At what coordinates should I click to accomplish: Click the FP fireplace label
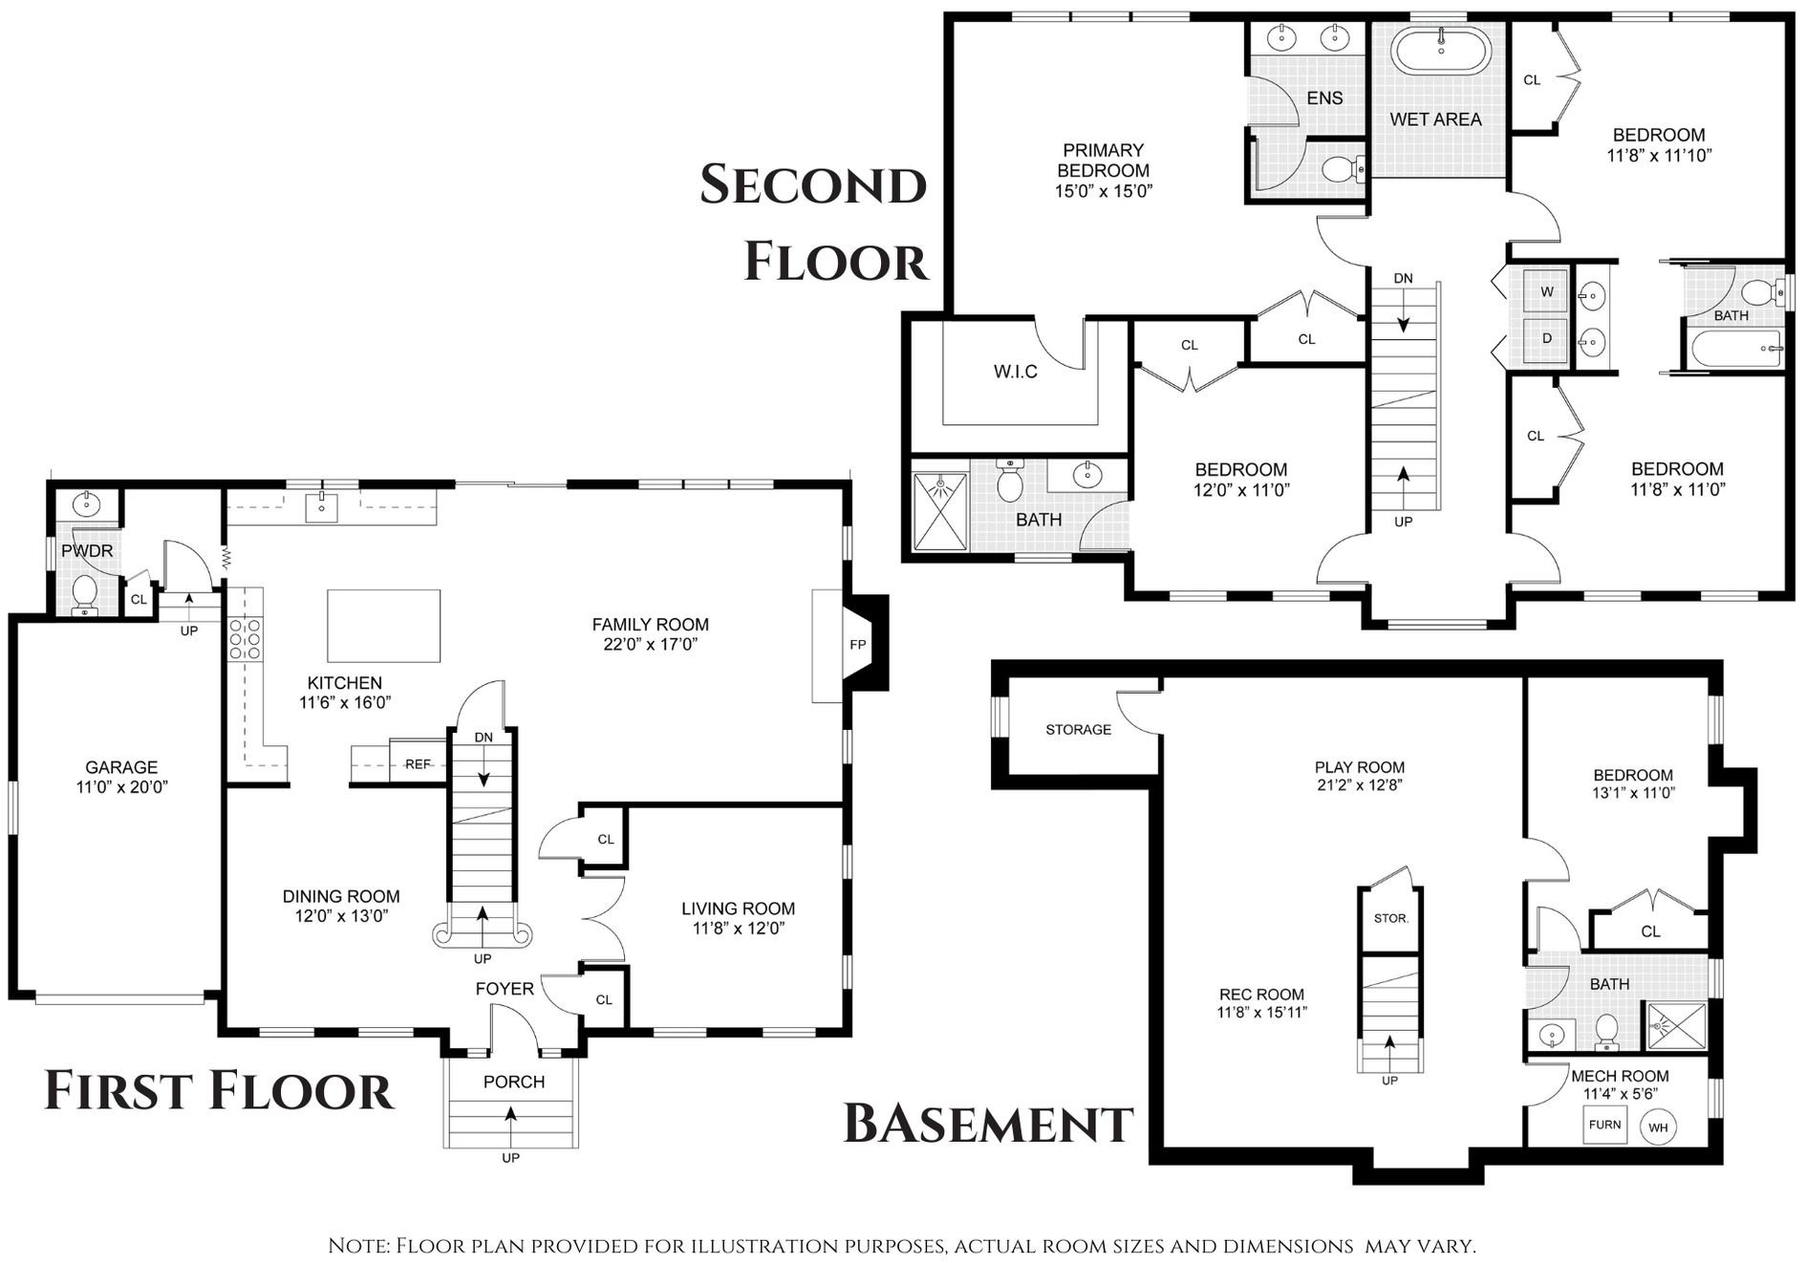[857, 645]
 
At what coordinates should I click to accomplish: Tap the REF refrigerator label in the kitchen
[418, 764]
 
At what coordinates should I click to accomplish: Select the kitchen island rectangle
[384, 626]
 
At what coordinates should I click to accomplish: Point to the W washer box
[1547, 292]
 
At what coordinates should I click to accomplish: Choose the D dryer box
[1547, 339]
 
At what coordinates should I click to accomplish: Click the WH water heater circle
[1658, 1128]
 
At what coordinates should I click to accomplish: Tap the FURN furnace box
[1605, 1124]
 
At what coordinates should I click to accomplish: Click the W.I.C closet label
[1015, 372]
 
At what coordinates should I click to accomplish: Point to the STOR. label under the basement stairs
[1390, 918]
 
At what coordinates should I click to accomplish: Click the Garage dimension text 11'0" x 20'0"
[121, 787]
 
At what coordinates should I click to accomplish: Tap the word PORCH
[514, 1081]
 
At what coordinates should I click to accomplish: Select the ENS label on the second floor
[1324, 98]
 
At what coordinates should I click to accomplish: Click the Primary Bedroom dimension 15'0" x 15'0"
[1104, 191]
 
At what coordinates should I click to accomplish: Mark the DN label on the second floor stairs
[1403, 279]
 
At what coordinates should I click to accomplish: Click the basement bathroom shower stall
[1674, 1026]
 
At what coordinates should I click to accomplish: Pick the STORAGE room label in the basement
[1079, 730]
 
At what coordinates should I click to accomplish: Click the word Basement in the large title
[989, 1124]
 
